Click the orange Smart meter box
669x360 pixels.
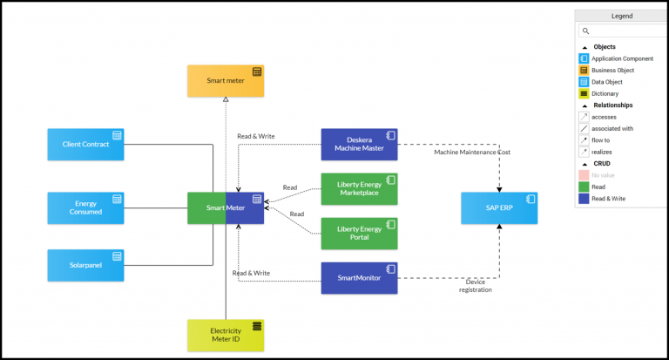(x=226, y=80)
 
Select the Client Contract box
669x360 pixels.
(x=85, y=145)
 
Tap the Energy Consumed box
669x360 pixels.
(x=85, y=207)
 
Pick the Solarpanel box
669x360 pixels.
(x=85, y=265)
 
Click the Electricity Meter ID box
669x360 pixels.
(x=226, y=336)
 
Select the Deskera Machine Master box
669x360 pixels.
(x=359, y=145)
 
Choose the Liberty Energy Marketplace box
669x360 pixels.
(x=359, y=189)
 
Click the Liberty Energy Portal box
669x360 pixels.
(x=359, y=234)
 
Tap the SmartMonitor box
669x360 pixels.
(x=359, y=278)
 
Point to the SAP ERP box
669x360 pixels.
(x=499, y=208)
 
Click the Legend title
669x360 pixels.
(x=621, y=16)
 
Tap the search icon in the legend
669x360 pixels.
(x=585, y=31)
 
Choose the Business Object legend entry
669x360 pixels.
(x=612, y=70)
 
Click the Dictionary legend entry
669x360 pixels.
(x=607, y=93)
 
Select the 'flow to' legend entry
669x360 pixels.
(x=602, y=139)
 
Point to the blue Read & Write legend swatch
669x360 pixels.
(x=584, y=199)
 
